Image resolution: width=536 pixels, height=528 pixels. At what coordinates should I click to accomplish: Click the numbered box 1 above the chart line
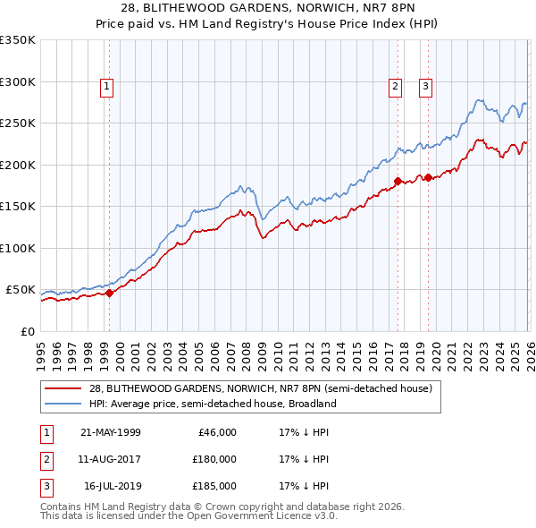107,87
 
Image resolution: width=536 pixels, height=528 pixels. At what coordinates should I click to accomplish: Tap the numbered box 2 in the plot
395,87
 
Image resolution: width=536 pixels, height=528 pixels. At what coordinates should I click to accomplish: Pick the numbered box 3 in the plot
425,87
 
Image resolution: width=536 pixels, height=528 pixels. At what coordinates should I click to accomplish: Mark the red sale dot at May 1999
109,293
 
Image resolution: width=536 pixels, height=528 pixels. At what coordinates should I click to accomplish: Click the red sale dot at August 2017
397,181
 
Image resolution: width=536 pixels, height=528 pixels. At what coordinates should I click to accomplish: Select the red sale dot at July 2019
428,177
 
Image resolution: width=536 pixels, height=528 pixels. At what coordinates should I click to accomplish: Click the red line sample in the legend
63,389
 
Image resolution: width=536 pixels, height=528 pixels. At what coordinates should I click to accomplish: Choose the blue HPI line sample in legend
63,404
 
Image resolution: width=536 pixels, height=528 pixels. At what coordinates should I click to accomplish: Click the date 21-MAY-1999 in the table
110,432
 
